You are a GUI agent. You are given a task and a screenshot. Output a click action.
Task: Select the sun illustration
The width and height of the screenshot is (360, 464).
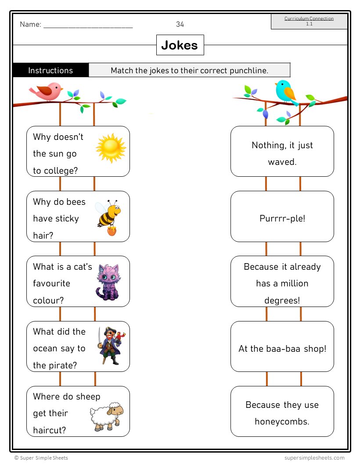pyautogui.click(x=111, y=148)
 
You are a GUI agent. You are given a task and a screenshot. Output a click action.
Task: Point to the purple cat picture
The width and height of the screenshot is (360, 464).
pyautogui.click(x=108, y=282)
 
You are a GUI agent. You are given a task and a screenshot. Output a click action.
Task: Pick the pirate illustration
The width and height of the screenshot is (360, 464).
pyautogui.click(x=110, y=346)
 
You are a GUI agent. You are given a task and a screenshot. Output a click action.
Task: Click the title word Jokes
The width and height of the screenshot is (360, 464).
pyautogui.click(x=180, y=45)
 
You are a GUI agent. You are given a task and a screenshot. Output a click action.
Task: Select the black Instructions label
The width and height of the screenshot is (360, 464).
pyautogui.click(x=50, y=70)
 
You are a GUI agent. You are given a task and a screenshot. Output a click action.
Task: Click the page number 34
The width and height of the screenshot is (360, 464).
pyautogui.click(x=180, y=25)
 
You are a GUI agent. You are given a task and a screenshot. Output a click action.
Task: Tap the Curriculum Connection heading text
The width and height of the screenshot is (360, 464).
pyautogui.click(x=309, y=18)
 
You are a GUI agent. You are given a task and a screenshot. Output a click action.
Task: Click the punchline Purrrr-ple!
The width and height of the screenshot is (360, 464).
pyautogui.click(x=282, y=218)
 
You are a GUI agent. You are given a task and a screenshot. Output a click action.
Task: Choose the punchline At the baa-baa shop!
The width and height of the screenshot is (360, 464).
pyautogui.click(x=282, y=349)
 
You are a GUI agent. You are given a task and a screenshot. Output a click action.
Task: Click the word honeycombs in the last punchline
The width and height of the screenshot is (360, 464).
pyautogui.click(x=282, y=421)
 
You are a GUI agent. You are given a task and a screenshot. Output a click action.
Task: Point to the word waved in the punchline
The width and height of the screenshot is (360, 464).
pyautogui.click(x=282, y=162)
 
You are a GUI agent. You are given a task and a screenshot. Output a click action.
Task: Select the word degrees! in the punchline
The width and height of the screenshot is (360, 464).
pyautogui.click(x=282, y=300)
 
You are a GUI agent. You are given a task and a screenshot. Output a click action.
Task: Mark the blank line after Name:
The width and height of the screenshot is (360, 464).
pyautogui.click(x=88, y=25)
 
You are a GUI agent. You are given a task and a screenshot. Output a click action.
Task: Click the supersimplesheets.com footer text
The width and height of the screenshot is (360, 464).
pyautogui.click(x=314, y=458)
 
